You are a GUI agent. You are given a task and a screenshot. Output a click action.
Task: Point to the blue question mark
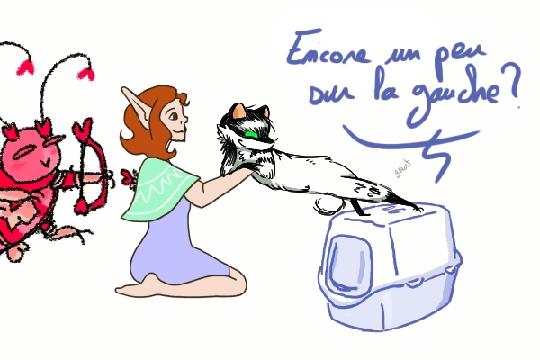(511, 85)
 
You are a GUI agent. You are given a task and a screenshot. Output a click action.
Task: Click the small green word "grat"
(403, 168)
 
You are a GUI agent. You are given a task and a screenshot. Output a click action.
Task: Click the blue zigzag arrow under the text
(413, 145)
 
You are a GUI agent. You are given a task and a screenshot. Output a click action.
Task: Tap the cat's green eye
(253, 134)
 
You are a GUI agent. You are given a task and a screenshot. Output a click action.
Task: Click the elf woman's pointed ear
(137, 104)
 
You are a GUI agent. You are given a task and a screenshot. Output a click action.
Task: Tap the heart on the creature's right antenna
(86, 74)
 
